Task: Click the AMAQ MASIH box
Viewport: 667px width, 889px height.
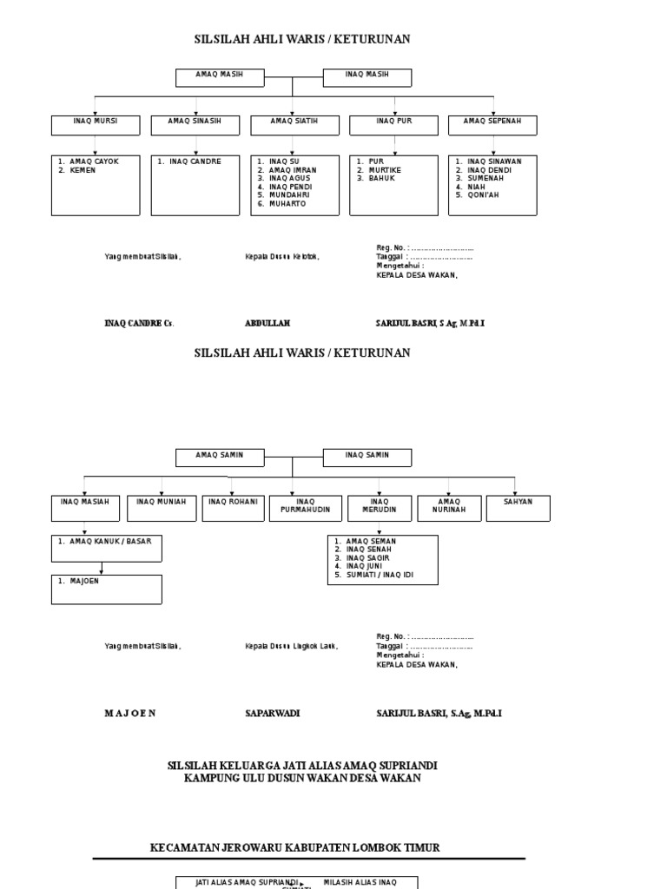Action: click(x=219, y=77)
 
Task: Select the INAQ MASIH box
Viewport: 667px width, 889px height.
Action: click(x=367, y=77)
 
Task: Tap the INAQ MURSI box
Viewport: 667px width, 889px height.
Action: click(x=96, y=125)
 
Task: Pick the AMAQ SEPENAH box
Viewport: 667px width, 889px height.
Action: click(x=492, y=125)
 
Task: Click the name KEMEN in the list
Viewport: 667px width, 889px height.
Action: click(x=83, y=170)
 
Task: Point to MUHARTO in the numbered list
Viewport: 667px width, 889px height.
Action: click(x=287, y=204)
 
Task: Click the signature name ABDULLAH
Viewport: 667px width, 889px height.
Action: click(x=267, y=323)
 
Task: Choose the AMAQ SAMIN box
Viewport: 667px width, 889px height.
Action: click(x=219, y=458)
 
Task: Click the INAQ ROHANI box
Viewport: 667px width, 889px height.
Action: click(x=234, y=508)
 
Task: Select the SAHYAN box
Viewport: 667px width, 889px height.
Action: click(x=518, y=508)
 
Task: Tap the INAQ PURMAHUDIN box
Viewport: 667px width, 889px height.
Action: click(x=306, y=508)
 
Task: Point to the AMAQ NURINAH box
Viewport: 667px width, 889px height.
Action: click(x=449, y=508)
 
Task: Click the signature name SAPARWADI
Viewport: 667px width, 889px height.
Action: click(x=272, y=713)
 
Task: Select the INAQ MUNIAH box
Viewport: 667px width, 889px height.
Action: click(x=162, y=508)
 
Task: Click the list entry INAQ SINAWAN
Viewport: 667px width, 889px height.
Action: click(x=494, y=161)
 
